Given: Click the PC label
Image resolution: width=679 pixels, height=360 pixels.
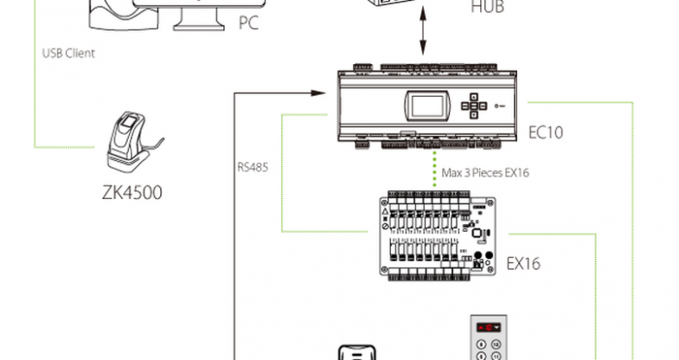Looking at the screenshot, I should pos(248,23).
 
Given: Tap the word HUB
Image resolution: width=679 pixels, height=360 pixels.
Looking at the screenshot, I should pos(487,8).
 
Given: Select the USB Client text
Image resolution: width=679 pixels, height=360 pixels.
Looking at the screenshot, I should pos(68,53).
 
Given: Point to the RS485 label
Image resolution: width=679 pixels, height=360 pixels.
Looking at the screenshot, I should pos(252,166).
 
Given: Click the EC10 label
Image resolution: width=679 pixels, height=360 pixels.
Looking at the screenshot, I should pos(547,133).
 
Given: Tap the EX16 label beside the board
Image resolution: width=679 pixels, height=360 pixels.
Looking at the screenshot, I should pos(523,262).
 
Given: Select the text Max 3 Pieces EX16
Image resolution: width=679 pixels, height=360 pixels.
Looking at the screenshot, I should pos(485,173).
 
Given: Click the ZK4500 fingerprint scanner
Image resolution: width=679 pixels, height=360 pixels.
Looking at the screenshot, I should pos(129,141).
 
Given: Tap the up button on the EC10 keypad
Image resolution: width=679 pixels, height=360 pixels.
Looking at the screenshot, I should pos(475,97).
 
